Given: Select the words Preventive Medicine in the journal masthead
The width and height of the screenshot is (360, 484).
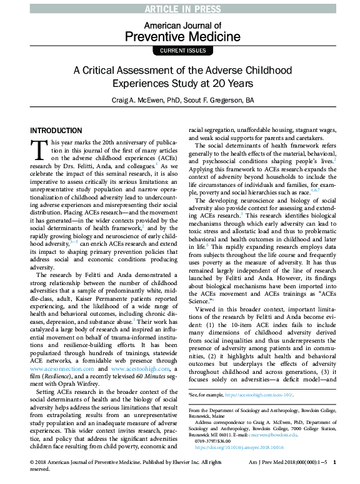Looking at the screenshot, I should click(180, 36).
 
